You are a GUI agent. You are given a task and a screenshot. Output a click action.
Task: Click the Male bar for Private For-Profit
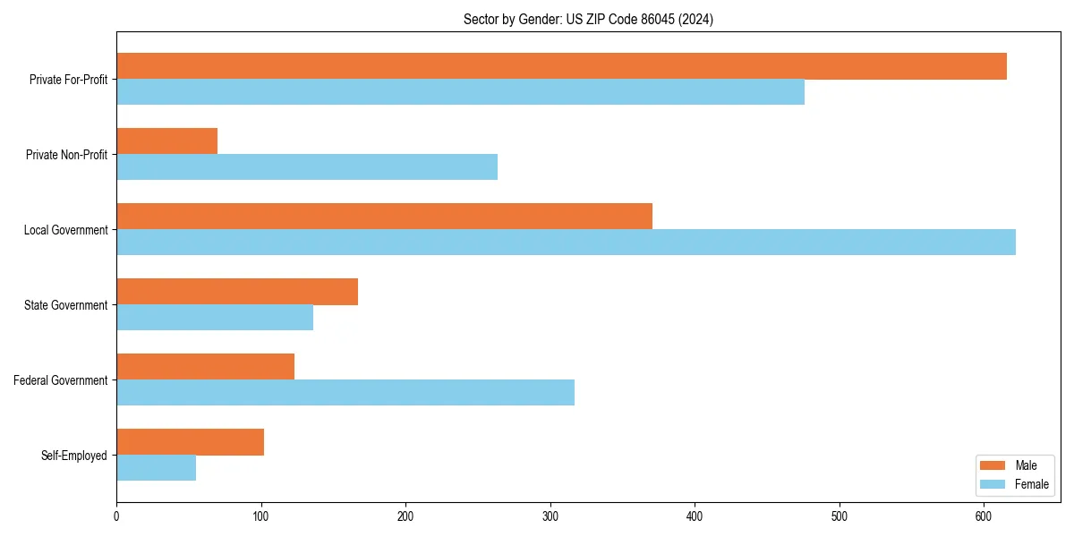pyautogui.click(x=561, y=66)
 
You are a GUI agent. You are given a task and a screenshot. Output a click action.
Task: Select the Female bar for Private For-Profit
pyautogui.click(x=460, y=92)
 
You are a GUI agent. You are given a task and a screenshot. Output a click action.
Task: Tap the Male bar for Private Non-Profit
pyautogui.click(x=166, y=141)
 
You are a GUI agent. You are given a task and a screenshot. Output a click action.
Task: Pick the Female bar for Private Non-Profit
pyautogui.click(x=307, y=167)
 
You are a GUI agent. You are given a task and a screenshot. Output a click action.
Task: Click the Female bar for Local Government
pyautogui.click(x=566, y=243)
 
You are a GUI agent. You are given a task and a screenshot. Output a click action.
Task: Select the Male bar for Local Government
pyautogui.click(x=384, y=217)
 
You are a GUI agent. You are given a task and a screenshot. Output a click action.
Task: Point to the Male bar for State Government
pyautogui.click(x=237, y=292)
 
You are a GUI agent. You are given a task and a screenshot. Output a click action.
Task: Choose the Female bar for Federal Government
pyautogui.click(x=345, y=393)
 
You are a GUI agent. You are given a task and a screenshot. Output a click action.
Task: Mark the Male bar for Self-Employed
pyautogui.click(x=190, y=442)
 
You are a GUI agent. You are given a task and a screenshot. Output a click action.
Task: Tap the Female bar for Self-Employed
pyautogui.click(x=156, y=468)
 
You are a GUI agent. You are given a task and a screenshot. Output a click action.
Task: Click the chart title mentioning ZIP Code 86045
pyautogui.click(x=588, y=20)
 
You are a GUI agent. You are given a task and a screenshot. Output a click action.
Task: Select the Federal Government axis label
pyautogui.click(x=60, y=380)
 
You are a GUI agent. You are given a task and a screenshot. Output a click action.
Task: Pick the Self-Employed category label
pyautogui.click(x=73, y=456)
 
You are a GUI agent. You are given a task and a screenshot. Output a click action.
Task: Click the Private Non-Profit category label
pyautogui.click(x=66, y=155)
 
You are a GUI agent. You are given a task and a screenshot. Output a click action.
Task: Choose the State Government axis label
pyautogui.click(x=65, y=305)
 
